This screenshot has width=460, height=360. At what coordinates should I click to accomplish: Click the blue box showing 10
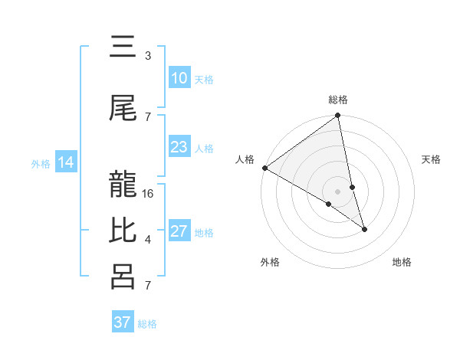(179, 77)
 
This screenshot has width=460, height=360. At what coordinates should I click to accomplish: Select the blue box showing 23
(179, 147)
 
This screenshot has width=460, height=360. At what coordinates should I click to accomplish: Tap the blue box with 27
(179, 231)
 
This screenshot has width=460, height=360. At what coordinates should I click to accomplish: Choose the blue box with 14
(66, 162)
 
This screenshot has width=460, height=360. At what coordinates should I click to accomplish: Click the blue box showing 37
(123, 322)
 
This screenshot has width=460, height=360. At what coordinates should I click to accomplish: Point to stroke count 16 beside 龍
(149, 193)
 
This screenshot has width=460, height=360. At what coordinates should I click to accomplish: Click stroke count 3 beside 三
(148, 56)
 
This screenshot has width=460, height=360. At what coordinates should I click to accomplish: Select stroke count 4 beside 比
(148, 240)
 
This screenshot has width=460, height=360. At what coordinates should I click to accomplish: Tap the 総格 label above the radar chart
(338, 100)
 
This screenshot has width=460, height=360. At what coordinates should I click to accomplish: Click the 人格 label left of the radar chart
(245, 159)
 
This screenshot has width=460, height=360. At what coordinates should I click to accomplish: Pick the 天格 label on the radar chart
(431, 159)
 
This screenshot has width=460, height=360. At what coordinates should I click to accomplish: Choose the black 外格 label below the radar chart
(270, 262)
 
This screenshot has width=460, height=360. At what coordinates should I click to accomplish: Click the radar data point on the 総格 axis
(338, 116)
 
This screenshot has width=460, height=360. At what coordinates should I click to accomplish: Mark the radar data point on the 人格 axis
(264, 168)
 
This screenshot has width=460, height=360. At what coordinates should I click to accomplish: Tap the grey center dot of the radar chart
(338, 191)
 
